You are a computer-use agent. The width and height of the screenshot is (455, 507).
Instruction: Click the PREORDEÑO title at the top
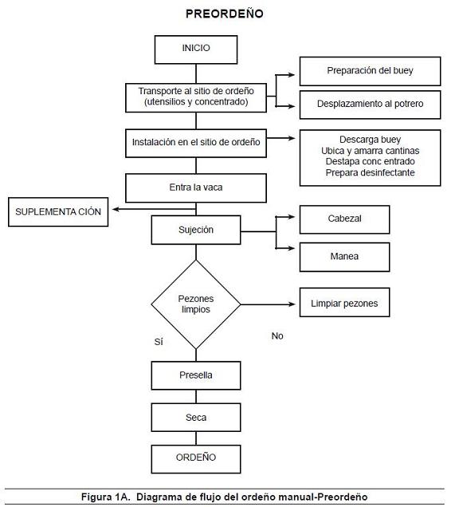point(225,14)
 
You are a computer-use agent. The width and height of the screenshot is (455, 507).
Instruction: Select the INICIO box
point(196,50)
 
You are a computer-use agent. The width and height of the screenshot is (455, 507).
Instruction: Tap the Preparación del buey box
point(370,71)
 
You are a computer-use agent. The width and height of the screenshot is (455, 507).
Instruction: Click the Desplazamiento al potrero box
point(370,105)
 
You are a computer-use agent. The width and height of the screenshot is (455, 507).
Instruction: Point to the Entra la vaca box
point(196,188)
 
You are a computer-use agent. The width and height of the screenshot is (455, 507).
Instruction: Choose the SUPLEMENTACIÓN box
point(58,212)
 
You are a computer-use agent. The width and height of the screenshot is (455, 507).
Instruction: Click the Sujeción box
point(196,230)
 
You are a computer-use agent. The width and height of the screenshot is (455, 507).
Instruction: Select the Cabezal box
point(344,220)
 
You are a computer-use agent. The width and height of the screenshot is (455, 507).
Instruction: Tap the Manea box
point(344,257)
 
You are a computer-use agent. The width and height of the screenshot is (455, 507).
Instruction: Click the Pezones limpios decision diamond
point(196,304)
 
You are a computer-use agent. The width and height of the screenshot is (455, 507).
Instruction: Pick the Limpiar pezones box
point(344,302)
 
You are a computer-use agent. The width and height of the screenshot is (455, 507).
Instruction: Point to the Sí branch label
point(159,342)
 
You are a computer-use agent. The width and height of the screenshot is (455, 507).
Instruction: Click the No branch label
point(277,336)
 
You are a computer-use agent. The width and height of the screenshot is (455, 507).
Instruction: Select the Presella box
point(196,375)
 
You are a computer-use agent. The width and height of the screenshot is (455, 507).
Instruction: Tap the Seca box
point(196,418)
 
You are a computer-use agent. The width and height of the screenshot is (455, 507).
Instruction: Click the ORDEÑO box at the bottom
point(196,459)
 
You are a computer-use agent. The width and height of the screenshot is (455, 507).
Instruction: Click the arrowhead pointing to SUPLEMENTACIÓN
point(116,209)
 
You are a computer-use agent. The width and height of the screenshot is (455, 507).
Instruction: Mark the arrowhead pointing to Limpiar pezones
point(292,304)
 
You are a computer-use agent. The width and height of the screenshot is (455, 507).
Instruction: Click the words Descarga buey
point(370,140)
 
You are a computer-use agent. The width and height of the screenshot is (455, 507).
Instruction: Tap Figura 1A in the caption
point(105,497)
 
